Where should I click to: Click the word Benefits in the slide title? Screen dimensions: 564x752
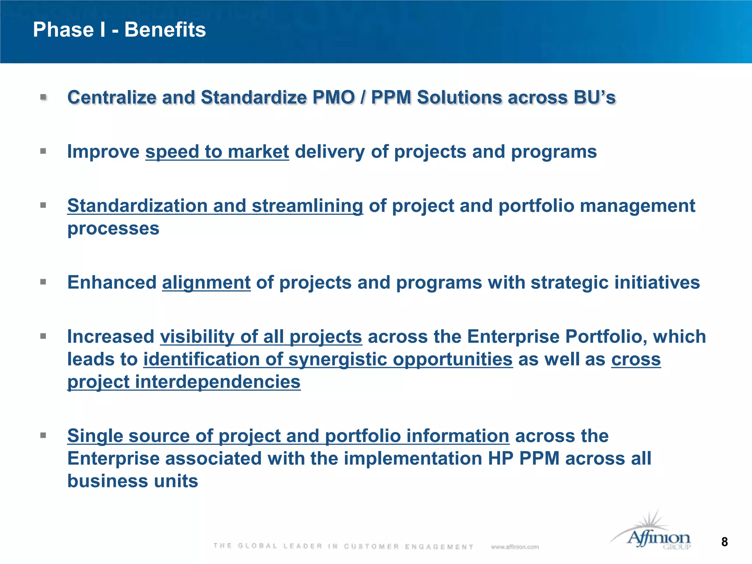(165, 30)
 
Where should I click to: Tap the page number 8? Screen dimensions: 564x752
(724, 542)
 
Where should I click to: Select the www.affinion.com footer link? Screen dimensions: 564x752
(514, 547)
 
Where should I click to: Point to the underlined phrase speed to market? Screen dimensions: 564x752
(217, 152)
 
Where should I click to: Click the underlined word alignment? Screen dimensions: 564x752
(206, 283)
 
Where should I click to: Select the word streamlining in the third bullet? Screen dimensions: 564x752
(307, 206)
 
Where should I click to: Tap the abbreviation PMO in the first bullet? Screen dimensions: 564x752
(333, 98)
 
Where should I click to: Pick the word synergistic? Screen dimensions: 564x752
(337, 359)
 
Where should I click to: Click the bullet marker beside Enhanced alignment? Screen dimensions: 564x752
(43, 282)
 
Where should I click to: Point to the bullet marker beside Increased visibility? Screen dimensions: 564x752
(43, 336)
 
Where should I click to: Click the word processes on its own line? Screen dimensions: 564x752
(113, 229)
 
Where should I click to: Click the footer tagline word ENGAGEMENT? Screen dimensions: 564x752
(439, 547)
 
